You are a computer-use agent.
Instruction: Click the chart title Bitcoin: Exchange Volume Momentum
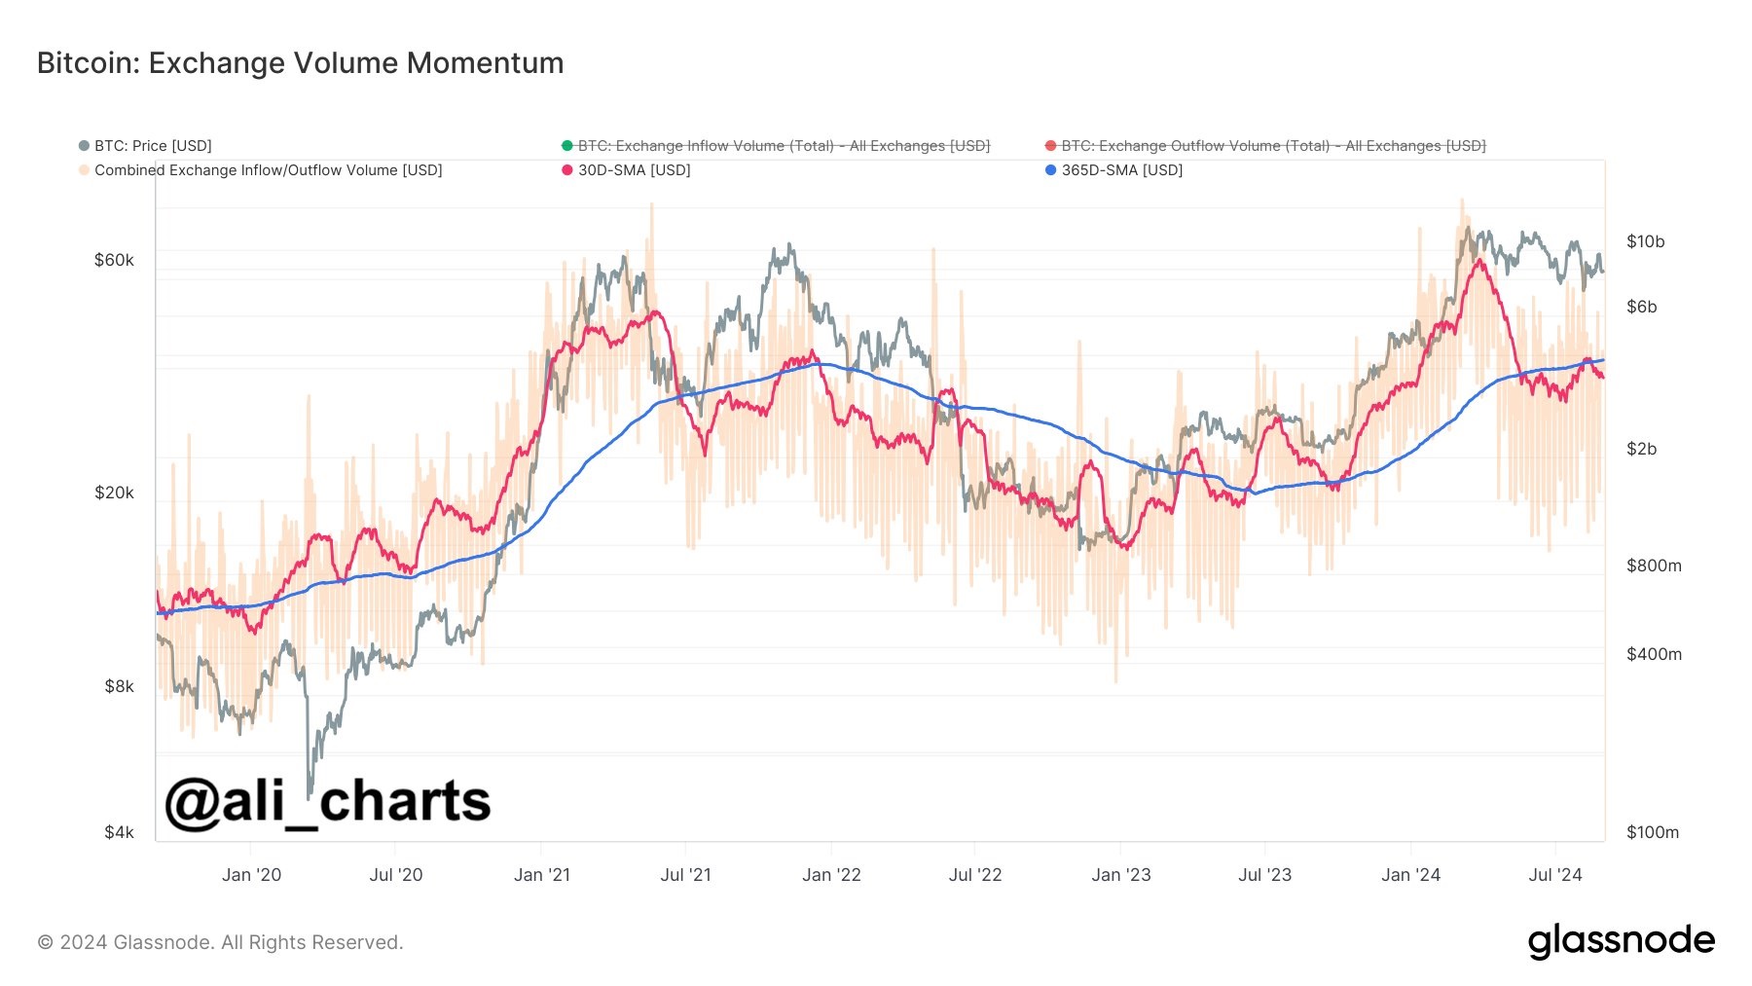tap(300, 63)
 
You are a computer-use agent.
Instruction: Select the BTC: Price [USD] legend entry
tap(152, 146)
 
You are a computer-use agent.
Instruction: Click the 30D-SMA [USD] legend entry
tap(634, 170)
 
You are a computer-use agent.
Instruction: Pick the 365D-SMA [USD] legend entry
tap(1121, 170)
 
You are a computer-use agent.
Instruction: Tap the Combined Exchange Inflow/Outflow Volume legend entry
tap(268, 170)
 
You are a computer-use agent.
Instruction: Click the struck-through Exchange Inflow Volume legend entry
tap(784, 146)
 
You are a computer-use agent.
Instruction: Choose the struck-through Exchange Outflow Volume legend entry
tap(1273, 146)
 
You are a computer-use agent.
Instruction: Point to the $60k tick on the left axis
tap(114, 260)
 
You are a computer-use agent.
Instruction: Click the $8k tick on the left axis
tap(119, 686)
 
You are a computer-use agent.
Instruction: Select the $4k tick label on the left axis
tap(119, 832)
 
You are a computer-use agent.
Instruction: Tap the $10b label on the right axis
tap(1645, 241)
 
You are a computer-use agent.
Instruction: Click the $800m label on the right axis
tap(1654, 566)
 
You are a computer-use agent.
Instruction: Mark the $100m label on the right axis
tap(1653, 832)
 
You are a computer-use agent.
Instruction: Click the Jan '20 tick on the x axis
tap(251, 875)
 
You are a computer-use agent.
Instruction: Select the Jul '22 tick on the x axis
tap(975, 875)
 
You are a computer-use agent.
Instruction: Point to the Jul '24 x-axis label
tap(1555, 875)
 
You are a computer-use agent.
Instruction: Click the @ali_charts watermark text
tap(327, 802)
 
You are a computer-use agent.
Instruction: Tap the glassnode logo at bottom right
tap(1621, 941)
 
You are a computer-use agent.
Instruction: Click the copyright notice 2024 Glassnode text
tap(220, 942)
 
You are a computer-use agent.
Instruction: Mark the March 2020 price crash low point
tap(310, 796)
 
